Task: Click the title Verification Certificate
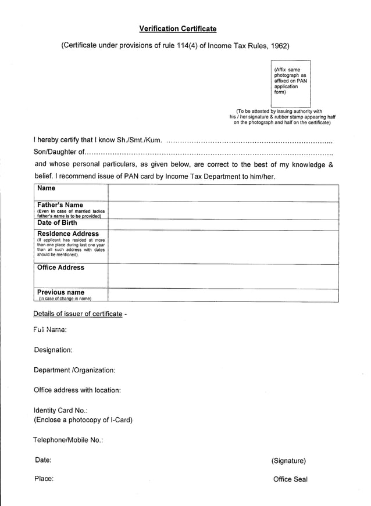(178, 28)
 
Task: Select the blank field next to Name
(223, 193)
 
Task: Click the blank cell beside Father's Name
(223, 210)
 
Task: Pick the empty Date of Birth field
(223, 224)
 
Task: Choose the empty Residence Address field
(223, 247)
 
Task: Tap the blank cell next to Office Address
(223, 276)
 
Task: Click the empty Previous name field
(223, 295)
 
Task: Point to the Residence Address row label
(68, 234)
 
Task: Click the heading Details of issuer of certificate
(78, 314)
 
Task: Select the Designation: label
(53, 350)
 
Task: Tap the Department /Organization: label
(74, 370)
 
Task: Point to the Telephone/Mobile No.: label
(68, 440)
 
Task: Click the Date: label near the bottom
(43, 460)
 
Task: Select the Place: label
(44, 479)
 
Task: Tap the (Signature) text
(288, 461)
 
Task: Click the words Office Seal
(290, 479)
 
